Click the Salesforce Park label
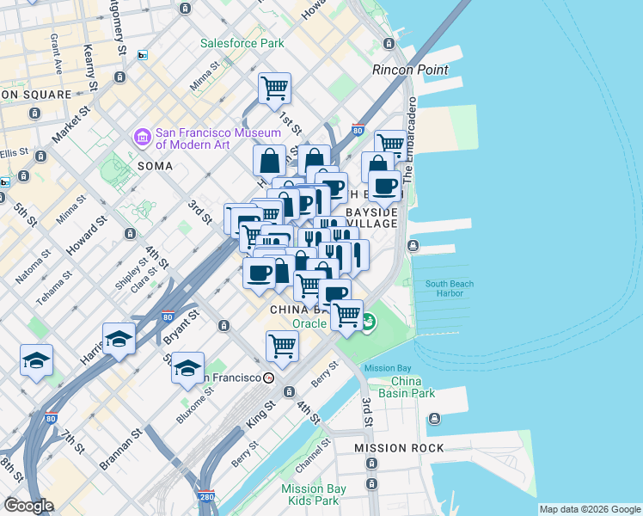tap(242, 42)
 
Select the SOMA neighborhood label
tap(156, 164)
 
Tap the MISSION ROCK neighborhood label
tap(400, 448)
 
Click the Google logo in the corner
tap(28, 505)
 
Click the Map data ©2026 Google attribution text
tap(589, 509)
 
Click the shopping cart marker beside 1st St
tap(274, 88)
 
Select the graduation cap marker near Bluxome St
tap(187, 368)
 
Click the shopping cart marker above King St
tap(282, 346)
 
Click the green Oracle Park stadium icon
tap(368, 322)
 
